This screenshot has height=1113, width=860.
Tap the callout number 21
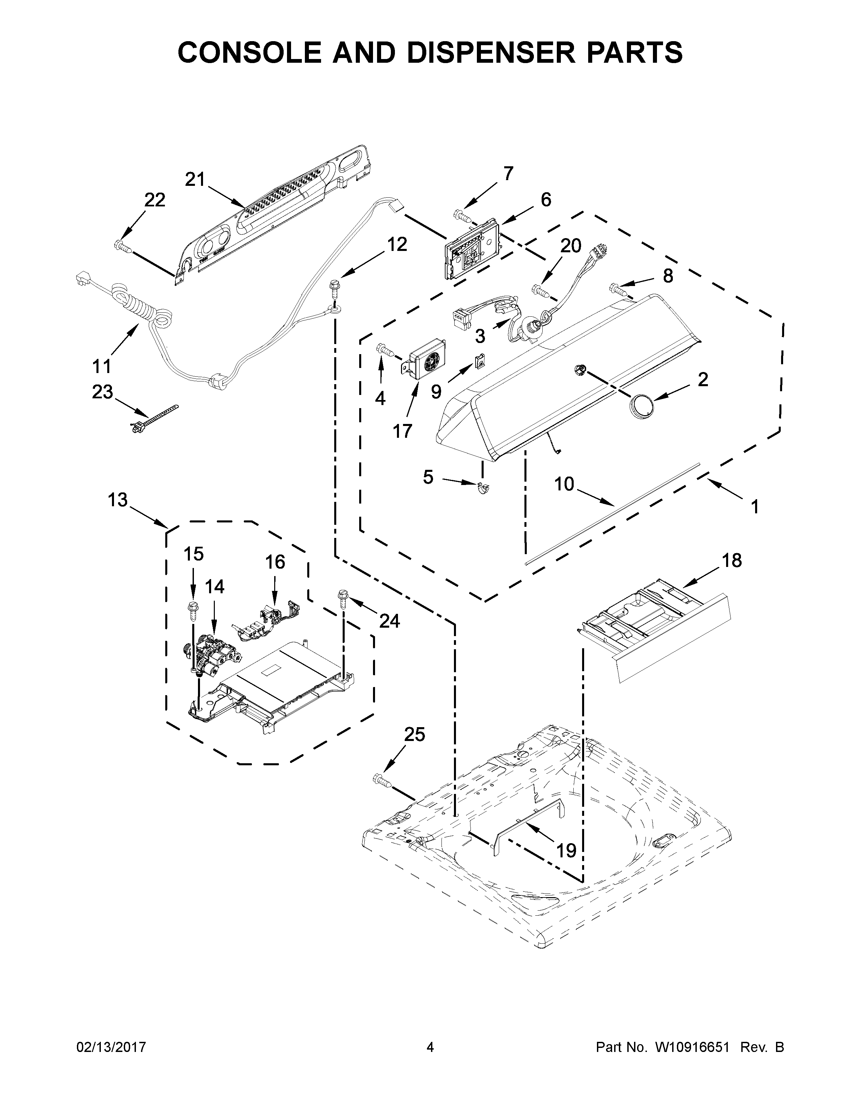[194, 179]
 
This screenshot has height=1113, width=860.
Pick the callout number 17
[402, 431]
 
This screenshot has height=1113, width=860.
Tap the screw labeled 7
[462, 216]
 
